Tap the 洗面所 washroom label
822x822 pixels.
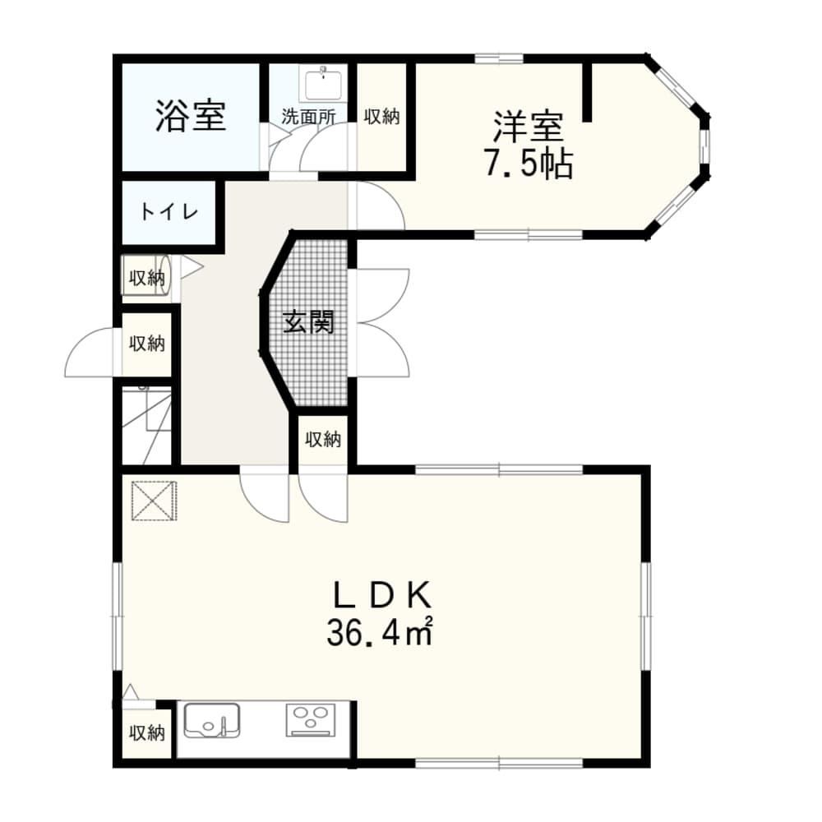coord(308,117)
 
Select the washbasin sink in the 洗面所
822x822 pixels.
coord(323,83)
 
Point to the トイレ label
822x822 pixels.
coord(169,212)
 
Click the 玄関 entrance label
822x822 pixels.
coord(308,321)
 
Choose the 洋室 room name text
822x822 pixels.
coord(528,127)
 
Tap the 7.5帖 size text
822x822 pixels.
coord(529,164)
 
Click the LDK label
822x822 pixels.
coord(383,594)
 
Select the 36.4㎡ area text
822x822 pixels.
coord(380,631)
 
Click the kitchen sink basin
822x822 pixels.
coord(212,720)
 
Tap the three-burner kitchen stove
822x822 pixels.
coord(311,719)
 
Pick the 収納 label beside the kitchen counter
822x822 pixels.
coord(147,732)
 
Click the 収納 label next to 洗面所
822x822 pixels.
coord(381,117)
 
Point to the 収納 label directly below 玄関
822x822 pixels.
coord(323,439)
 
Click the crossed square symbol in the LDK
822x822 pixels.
coord(154,501)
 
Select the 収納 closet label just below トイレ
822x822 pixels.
coord(147,278)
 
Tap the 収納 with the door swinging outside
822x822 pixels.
coord(147,344)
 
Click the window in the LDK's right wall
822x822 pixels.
coord(646,616)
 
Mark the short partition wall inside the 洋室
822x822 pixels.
coord(588,92)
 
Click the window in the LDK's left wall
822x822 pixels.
coord(118,616)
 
